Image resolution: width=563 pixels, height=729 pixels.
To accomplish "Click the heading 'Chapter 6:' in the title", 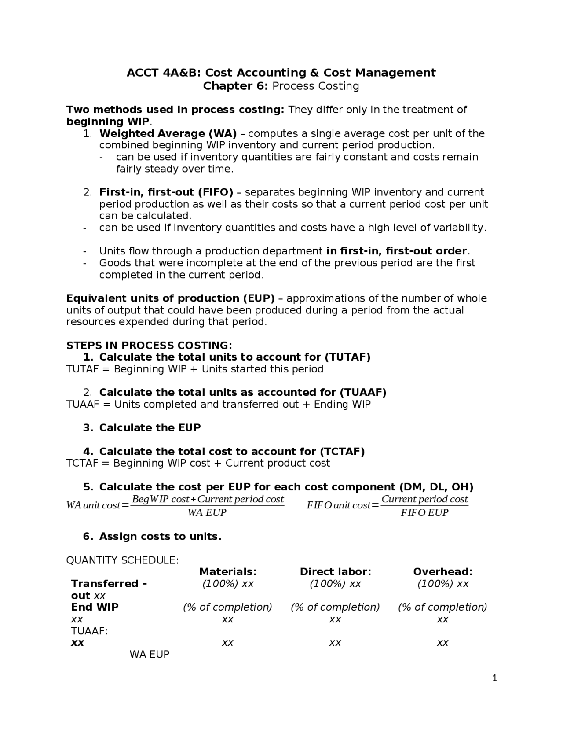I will pyautogui.click(x=235, y=86).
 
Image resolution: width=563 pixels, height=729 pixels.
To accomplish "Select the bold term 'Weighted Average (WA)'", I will pyautogui.click(x=168, y=133).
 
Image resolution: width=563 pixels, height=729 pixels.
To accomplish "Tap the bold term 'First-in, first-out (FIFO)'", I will pyautogui.click(x=166, y=192).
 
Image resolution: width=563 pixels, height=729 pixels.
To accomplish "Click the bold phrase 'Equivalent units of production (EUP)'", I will pyautogui.click(x=170, y=298).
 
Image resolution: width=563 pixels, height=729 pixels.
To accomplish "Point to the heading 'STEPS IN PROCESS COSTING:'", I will pyautogui.click(x=149, y=345).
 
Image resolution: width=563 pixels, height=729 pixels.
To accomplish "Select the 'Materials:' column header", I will pyautogui.click(x=227, y=572).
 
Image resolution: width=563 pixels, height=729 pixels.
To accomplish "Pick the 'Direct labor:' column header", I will pyautogui.click(x=335, y=572).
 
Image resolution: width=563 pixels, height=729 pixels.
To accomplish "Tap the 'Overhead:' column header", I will pyautogui.click(x=442, y=572).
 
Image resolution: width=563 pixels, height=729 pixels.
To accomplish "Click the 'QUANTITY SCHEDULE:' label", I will pyautogui.click(x=122, y=560).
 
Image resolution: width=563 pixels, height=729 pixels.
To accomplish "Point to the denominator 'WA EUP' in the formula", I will pyautogui.click(x=207, y=513).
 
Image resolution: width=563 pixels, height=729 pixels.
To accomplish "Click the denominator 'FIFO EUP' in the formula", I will pyautogui.click(x=424, y=513).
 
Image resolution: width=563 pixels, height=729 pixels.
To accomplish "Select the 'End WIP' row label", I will pyautogui.click(x=95, y=607).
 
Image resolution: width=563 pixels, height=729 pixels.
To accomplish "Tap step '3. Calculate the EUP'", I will pyautogui.click(x=150, y=428).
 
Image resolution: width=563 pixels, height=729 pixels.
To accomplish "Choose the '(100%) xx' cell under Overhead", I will pyautogui.click(x=442, y=584).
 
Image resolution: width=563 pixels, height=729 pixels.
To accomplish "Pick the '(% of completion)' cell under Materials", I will pyautogui.click(x=227, y=607).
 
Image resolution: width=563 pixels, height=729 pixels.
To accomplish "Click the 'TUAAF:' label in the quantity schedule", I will pyautogui.click(x=89, y=631).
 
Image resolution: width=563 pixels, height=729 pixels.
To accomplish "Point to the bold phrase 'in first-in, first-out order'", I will pyautogui.click(x=396, y=251).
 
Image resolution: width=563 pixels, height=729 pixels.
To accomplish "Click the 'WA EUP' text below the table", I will pyautogui.click(x=149, y=655).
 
